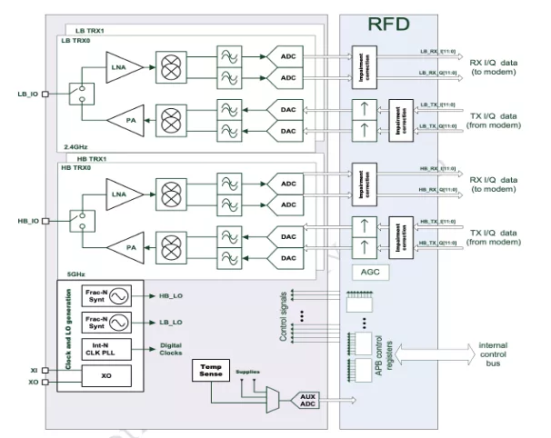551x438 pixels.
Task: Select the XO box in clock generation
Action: (105, 373)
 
